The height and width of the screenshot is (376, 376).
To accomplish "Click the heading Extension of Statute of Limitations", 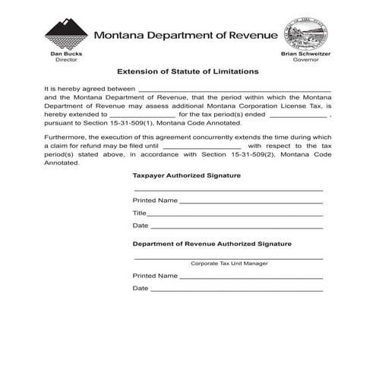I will click(x=188, y=71).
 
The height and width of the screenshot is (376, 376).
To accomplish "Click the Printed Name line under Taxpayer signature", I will click(x=251, y=201).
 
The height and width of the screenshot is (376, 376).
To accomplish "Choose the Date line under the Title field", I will click(x=236, y=226).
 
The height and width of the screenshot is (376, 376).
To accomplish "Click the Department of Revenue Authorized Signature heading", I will click(x=212, y=244).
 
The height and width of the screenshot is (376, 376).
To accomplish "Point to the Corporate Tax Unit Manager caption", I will click(x=229, y=264).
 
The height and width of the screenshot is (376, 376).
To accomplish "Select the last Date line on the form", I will click(x=236, y=289).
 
